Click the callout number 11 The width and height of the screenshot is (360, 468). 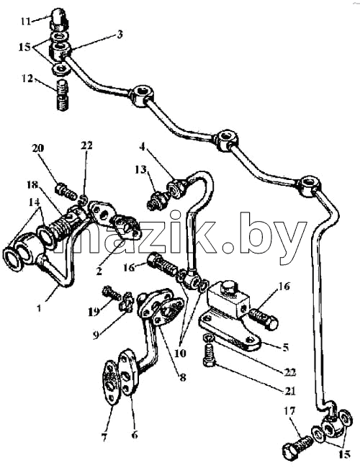click(x=26, y=22)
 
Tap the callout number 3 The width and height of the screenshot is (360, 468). click(x=119, y=35)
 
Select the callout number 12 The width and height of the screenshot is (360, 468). click(x=27, y=79)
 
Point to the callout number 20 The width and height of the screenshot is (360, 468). click(x=37, y=148)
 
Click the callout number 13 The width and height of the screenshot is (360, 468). click(x=140, y=170)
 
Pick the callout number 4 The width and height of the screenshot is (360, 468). click(x=143, y=147)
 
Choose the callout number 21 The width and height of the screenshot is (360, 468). click(x=290, y=390)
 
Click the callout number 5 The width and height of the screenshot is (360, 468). click(x=286, y=347)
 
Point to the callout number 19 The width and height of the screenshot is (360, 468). click(x=94, y=312)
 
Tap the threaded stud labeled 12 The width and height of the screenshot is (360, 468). click(x=63, y=95)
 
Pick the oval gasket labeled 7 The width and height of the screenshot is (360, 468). click(x=111, y=383)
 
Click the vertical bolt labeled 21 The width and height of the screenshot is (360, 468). click(x=209, y=355)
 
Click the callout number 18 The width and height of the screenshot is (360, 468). click(x=33, y=185)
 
